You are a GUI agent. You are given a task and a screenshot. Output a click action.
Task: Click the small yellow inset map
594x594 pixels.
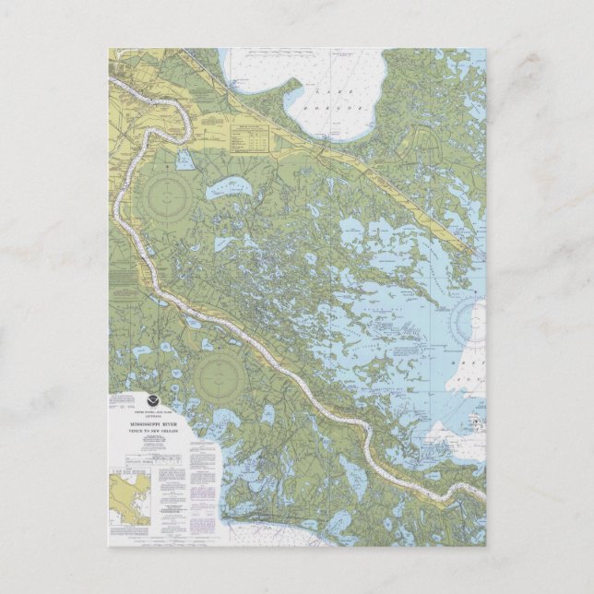tap(129, 498)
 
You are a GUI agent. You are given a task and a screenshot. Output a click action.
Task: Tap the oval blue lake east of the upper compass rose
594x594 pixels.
tap(223, 190)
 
